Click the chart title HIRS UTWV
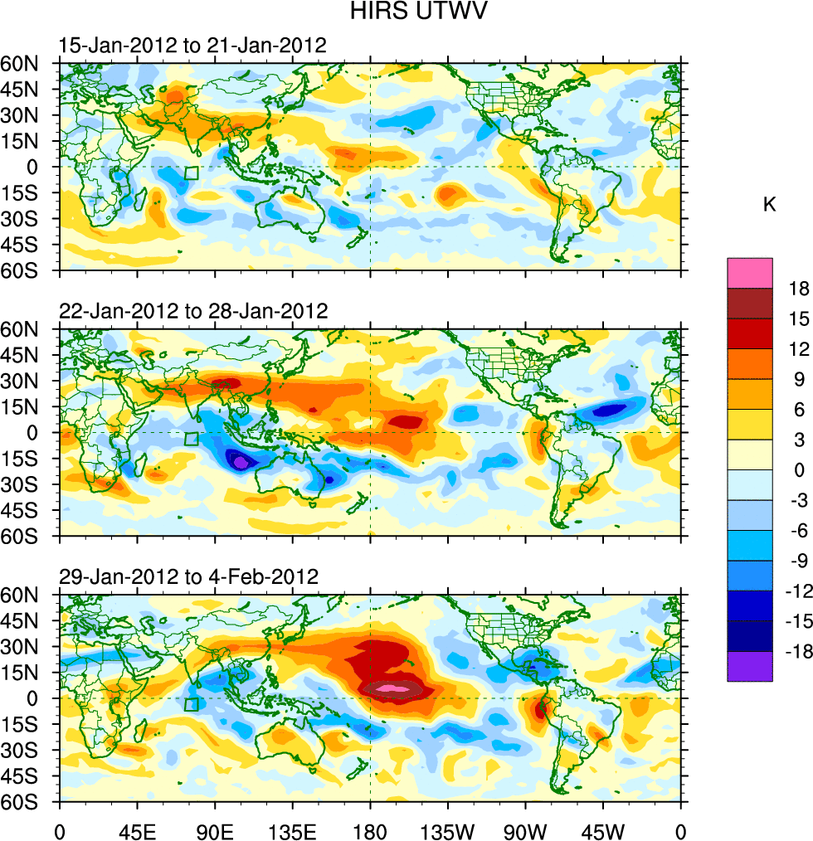pyautogui.click(x=406, y=12)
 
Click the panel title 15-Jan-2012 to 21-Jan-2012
pyautogui.click(x=192, y=46)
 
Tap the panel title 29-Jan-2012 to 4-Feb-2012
pyautogui.click(x=188, y=576)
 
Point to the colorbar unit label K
pyautogui.click(x=769, y=204)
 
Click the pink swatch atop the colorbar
pyautogui.click(x=749, y=273)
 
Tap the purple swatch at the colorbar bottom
pyautogui.click(x=749, y=667)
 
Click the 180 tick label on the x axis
pyautogui.click(x=370, y=829)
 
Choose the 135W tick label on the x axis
pyautogui.click(x=447, y=829)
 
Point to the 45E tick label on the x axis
pyautogui.click(x=137, y=829)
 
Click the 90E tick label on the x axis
pyautogui.click(x=215, y=829)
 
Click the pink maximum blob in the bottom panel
pyautogui.click(x=396, y=689)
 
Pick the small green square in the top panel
pyautogui.click(x=192, y=173)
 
